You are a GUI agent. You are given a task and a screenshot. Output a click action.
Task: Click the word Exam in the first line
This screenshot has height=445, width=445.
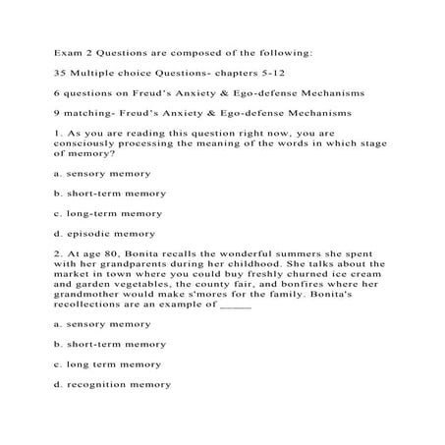(x=66, y=47)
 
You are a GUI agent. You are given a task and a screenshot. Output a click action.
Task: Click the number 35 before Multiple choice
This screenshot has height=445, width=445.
(x=58, y=74)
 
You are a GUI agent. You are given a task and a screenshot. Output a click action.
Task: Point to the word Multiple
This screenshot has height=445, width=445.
(x=93, y=74)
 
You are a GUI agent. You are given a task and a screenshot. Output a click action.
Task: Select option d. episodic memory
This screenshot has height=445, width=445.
(x=104, y=233)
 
